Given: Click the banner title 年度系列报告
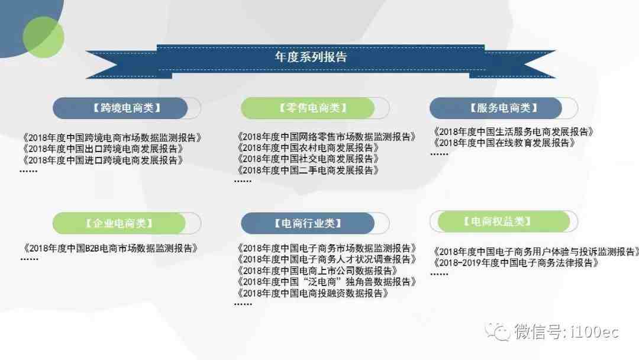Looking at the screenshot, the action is [311, 57].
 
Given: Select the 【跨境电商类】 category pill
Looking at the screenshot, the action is [127, 108].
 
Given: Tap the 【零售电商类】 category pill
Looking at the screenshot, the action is [315, 108].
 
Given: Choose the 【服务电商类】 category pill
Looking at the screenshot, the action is [504, 108].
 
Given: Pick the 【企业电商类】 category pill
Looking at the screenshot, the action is [127, 223].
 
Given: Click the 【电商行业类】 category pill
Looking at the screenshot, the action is [315, 223].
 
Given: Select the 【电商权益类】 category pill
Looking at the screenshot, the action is [504, 221].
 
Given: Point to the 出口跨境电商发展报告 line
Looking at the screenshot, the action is [103, 149].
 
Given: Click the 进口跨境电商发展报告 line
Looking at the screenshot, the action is [103, 160].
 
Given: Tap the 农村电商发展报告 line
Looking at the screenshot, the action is [308, 147].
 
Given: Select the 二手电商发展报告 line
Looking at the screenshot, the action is [308, 171].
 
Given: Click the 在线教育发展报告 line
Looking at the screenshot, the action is [504, 143].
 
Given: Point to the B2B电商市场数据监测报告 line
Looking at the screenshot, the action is [110, 248].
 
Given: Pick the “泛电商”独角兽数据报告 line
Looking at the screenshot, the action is [326, 282].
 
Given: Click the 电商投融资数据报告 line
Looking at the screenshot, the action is [312, 293].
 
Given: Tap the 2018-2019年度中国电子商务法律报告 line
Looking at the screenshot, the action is [515, 263].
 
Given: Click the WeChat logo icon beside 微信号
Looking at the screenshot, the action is [498, 332].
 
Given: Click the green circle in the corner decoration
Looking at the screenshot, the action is [43, 37].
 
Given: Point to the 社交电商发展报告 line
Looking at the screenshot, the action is [308, 159].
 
